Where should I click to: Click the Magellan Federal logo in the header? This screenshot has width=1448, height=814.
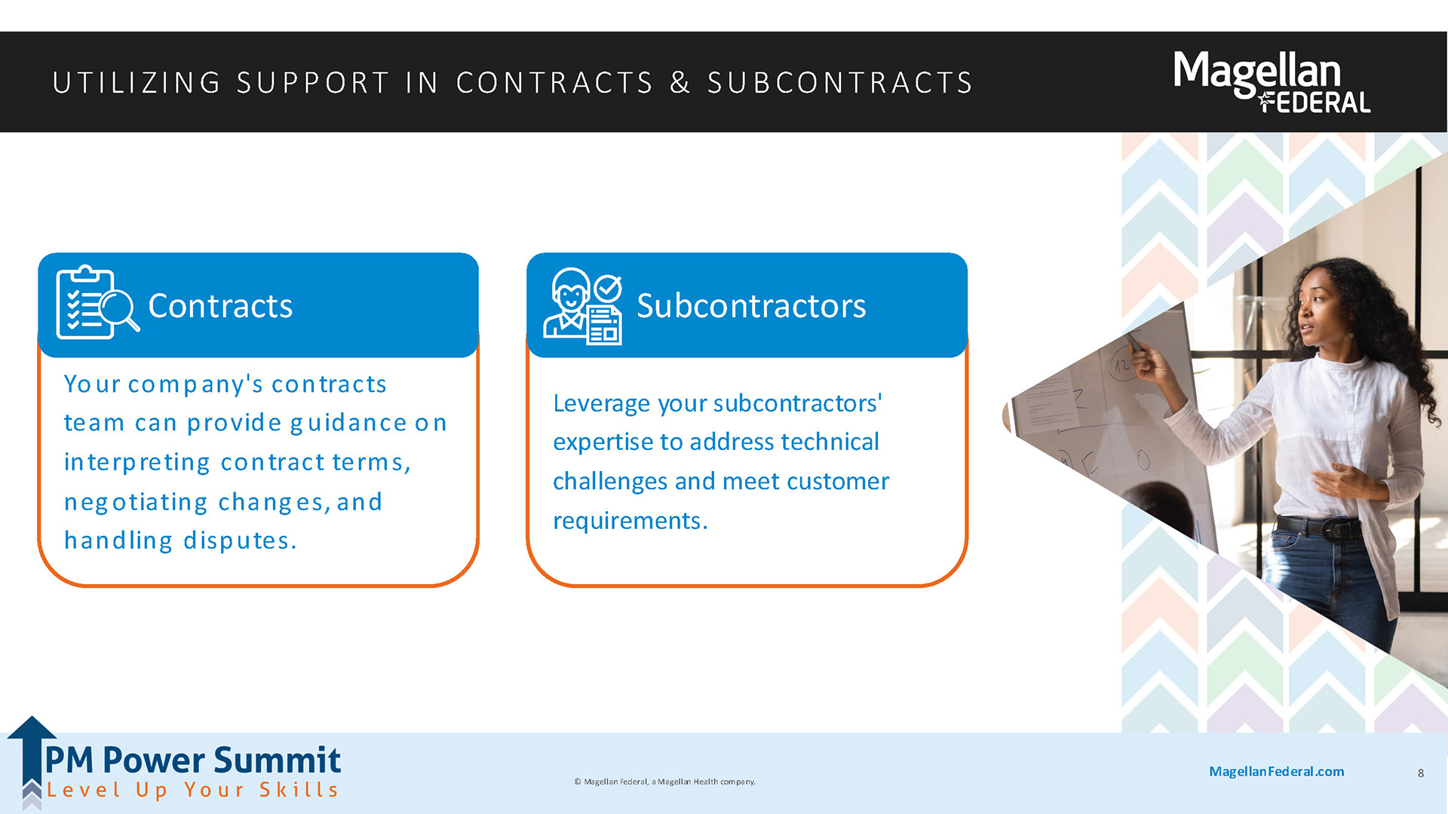(x=1272, y=81)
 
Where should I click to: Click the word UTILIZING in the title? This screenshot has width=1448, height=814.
(x=137, y=83)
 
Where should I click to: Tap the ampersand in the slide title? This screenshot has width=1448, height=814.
(x=680, y=83)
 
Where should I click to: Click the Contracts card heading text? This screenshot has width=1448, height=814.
(x=220, y=306)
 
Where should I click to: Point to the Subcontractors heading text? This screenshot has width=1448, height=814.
(x=751, y=306)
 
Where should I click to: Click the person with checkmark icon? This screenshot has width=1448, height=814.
(x=583, y=306)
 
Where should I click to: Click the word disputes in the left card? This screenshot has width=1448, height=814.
(x=240, y=540)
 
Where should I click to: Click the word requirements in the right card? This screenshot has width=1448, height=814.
(x=630, y=521)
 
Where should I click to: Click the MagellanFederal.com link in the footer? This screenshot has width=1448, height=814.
(x=1276, y=771)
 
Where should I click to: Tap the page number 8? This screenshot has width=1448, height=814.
(x=1421, y=773)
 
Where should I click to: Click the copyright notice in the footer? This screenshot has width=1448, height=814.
(x=664, y=782)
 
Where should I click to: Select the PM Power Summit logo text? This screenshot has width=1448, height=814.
(x=193, y=760)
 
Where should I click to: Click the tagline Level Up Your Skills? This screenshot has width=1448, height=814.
(x=193, y=790)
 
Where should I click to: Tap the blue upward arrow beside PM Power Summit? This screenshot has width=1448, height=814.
(x=31, y=754)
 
